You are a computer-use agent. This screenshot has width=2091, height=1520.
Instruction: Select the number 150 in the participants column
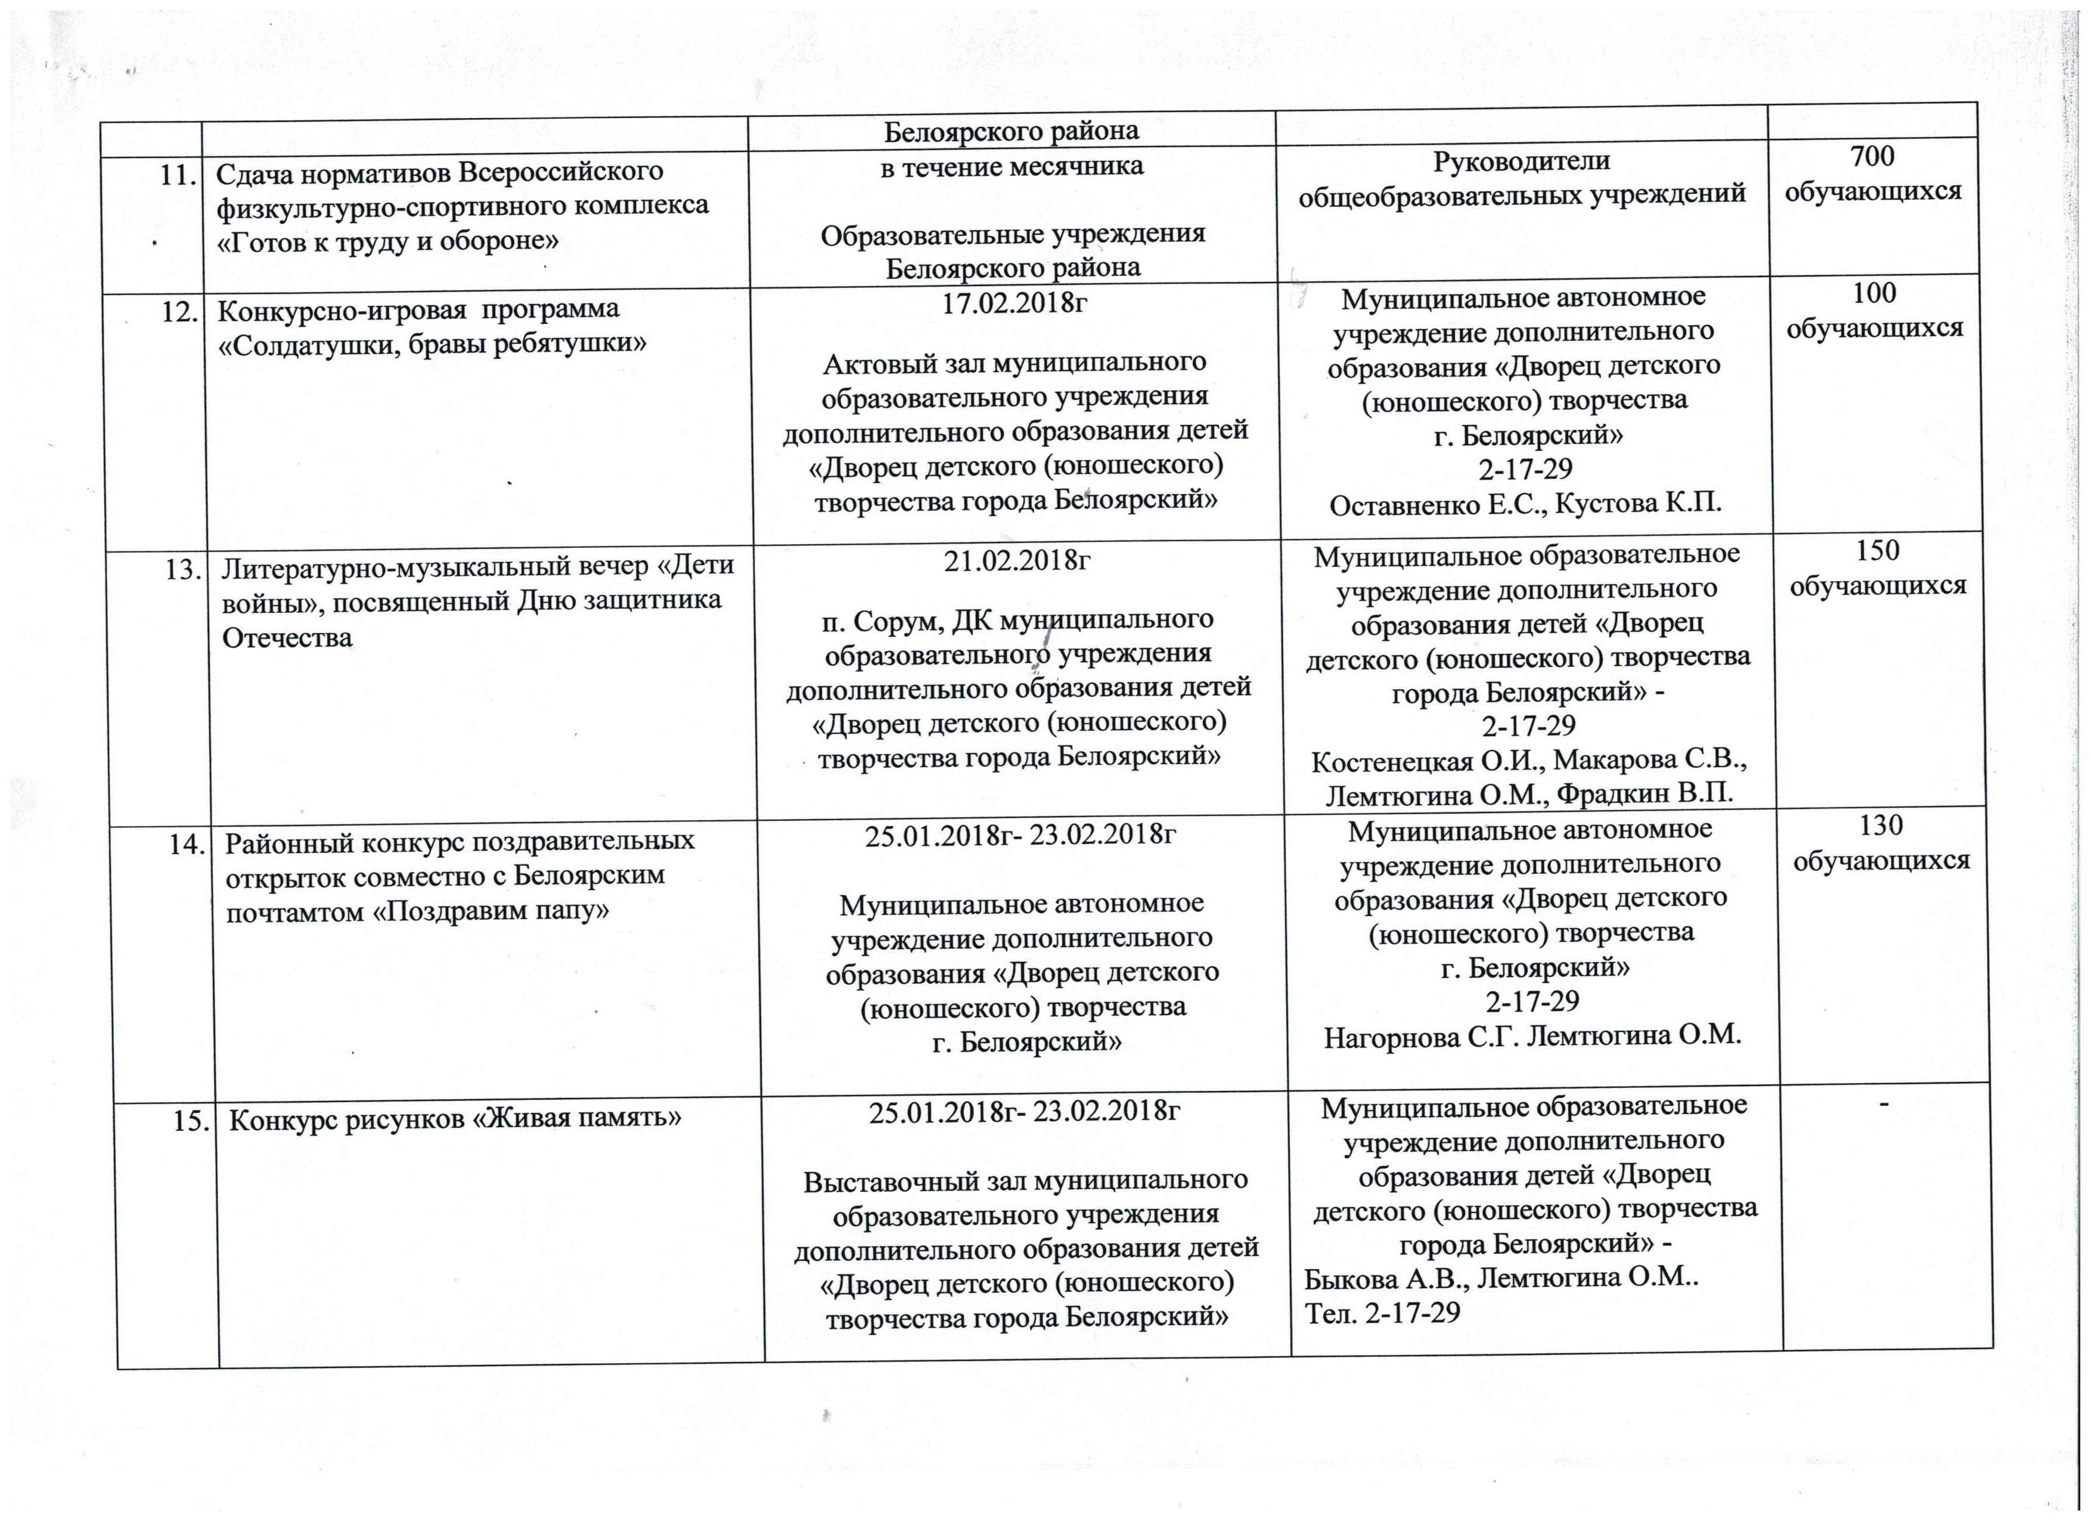(x=1877, y=550)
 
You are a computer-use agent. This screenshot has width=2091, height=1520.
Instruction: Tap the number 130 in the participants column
(x=1881, y=825)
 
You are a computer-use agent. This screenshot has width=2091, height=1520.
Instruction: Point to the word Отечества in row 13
(x=287, y=638)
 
